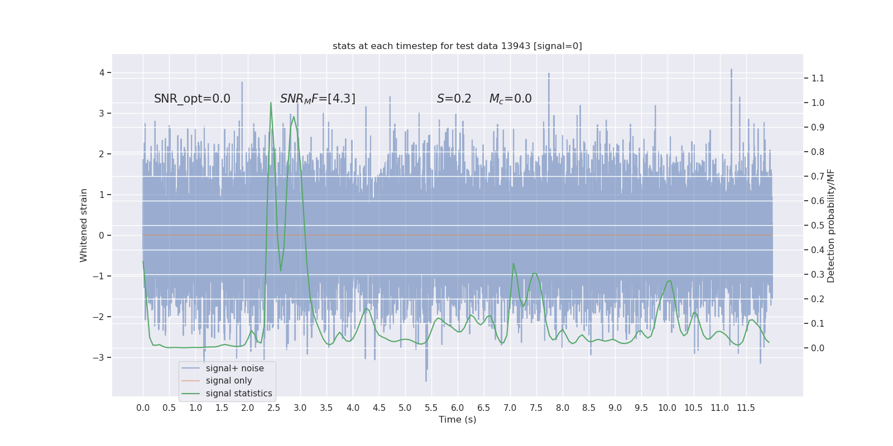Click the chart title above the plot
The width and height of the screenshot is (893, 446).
coord(457,46)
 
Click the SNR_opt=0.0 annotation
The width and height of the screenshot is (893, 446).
coord(192,99)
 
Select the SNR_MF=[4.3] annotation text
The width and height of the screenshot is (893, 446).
coord(318,99)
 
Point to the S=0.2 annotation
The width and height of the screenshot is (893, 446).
coord(454,99)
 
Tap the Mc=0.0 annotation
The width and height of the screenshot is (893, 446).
coord(511,99)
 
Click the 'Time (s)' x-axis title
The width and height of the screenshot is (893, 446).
coord(457,419)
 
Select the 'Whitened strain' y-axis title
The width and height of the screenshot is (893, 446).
coord(83,225)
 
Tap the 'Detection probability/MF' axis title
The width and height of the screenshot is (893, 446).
coord(831,226)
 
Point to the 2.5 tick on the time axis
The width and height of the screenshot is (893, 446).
coord(274,408)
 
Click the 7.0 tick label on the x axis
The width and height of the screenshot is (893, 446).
coord(510,408)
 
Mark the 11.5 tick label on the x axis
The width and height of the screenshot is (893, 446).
coord(746,408)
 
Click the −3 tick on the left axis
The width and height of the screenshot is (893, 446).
coord(98,357)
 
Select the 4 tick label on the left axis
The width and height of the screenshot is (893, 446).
coord(102,72)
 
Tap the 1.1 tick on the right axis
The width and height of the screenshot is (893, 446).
coord(818,78)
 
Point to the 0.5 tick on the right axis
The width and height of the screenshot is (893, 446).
coord(818,225)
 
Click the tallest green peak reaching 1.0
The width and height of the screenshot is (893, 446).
coord(271,103)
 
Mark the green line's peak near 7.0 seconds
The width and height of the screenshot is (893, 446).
coord(513,263)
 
